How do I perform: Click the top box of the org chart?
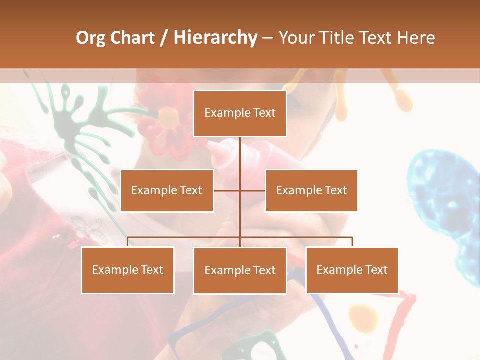tap(240, 113)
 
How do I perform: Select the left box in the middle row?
tap(167, 190)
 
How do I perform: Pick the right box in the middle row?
tap(311, 190)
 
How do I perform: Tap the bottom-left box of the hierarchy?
tap(128, 270)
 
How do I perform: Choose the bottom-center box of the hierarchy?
tap(240, 270)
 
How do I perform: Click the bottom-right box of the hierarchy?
tap(352, 270)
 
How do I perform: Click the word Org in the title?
tap(90, 38)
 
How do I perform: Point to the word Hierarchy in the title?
tap(215, 38)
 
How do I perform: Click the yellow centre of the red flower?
tap(168, 117)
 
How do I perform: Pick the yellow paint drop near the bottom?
tap(363, 317)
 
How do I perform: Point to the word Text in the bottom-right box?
tap(376, 270)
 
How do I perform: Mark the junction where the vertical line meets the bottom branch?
tap(240, 237)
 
